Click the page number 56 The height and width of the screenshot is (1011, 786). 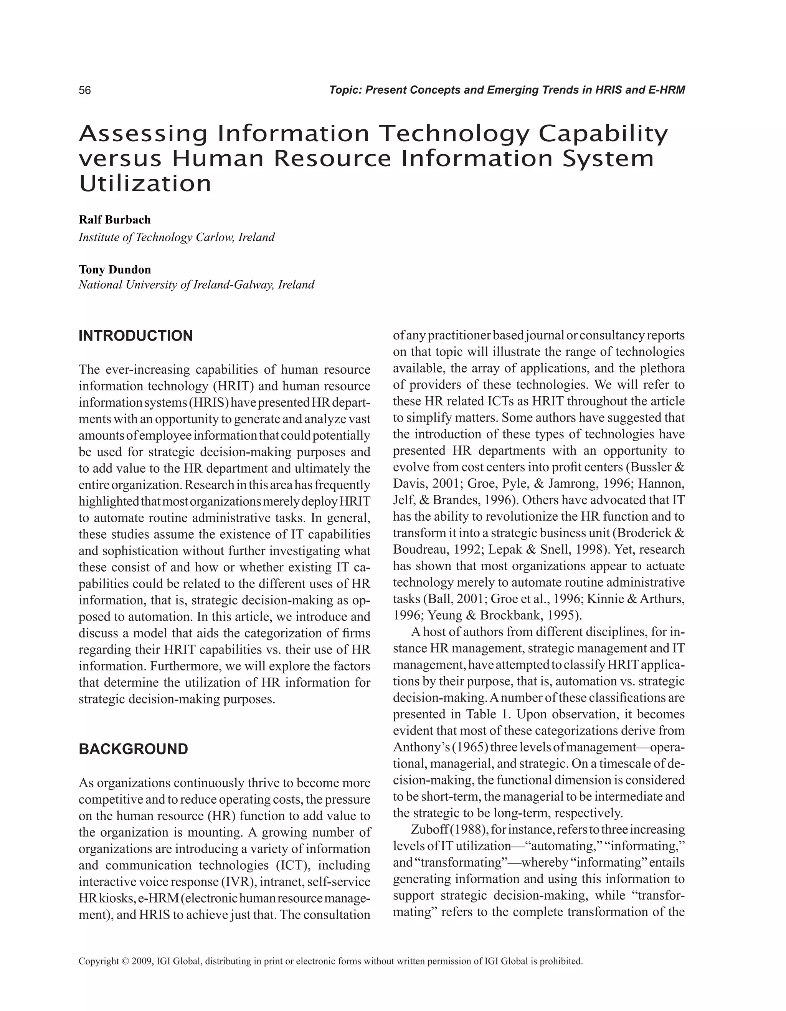(x=85, y=90)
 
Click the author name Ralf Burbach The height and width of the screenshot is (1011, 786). (x=114, y=219)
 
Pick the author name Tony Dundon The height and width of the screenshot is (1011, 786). (x=115, y=270)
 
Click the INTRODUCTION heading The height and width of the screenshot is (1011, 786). (x=135, y=336)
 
